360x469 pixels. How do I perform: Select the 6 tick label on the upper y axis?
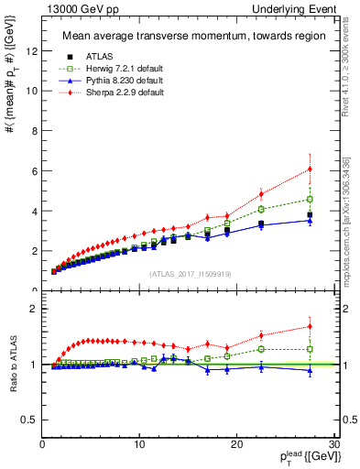click(34, 170)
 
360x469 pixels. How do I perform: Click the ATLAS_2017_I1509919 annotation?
click(189, 274)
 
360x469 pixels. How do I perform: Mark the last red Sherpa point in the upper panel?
click(310, 169)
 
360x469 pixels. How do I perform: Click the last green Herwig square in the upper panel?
click(310, 199)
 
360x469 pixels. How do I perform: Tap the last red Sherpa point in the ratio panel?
click(310, 326)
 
